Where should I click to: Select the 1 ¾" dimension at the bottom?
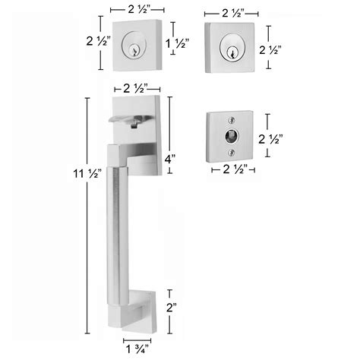[137, 351]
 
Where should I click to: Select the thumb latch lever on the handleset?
[131, 120]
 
